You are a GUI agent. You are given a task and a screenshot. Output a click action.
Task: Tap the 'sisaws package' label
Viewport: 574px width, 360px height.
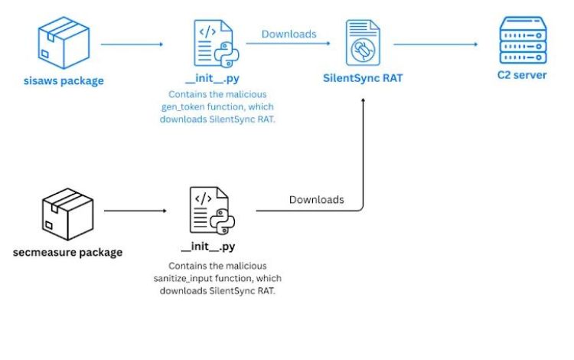tap(64, 80)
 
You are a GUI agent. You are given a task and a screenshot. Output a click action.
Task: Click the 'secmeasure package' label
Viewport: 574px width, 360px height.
tap(67, 252)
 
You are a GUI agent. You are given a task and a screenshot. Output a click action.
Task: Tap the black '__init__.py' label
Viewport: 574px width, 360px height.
tap(207, 247)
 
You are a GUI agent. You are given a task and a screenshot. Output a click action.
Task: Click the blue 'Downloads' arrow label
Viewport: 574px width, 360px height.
tap(289, 34)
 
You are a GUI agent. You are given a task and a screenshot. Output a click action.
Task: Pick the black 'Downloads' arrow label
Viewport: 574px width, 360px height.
tap(316, 200)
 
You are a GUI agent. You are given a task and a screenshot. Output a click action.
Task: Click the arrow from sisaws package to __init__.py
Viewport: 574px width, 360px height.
tap(132, 44)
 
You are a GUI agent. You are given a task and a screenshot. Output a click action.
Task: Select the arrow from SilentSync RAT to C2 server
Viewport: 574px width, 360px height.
tap(436, 44)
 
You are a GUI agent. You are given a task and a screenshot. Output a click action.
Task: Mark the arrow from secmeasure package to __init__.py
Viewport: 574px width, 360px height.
tap(135, 210)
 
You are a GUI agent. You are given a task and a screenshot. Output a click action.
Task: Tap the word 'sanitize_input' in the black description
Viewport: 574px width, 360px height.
tap(186, 278)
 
